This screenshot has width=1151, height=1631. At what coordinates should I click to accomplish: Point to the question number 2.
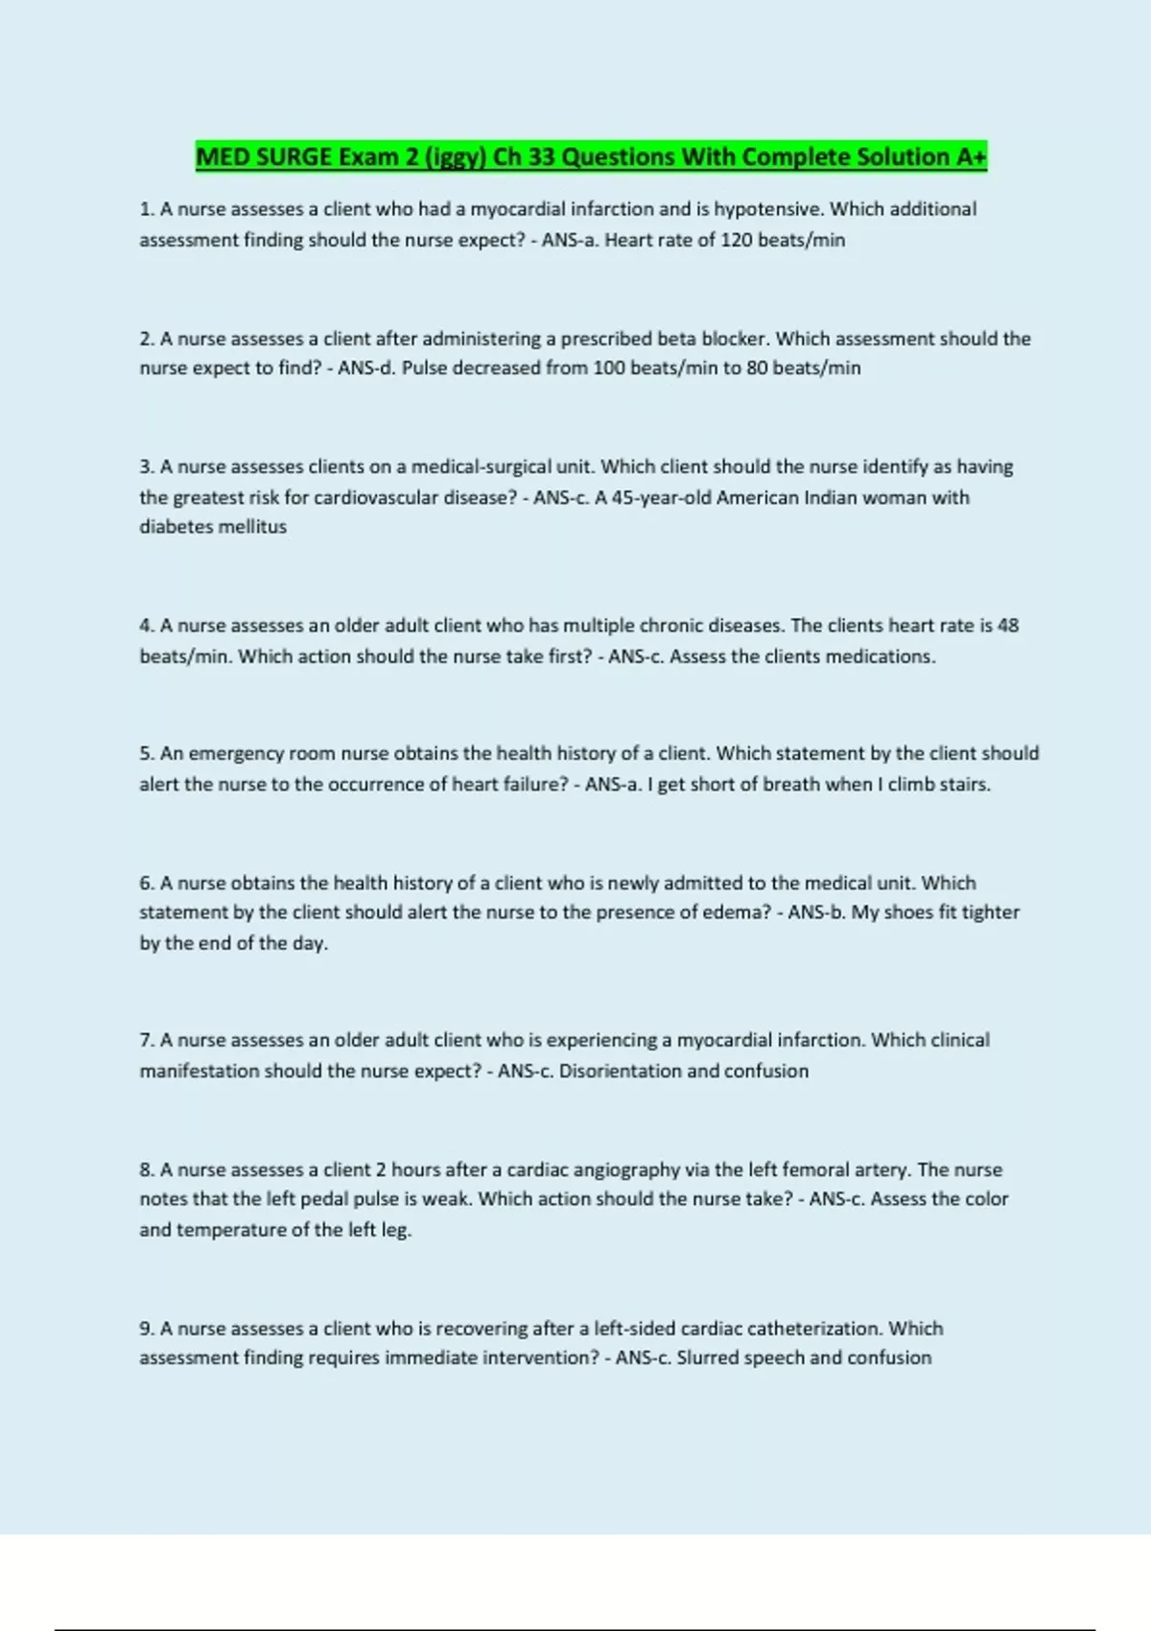pos(147,339)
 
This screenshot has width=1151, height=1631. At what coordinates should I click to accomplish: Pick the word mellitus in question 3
pos(255,527)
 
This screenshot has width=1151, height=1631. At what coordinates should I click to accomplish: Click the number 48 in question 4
pos(1008,626)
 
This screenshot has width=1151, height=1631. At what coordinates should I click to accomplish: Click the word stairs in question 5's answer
pos(963,784)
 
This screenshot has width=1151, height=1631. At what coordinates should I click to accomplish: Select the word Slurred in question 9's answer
pos(707,1359)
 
